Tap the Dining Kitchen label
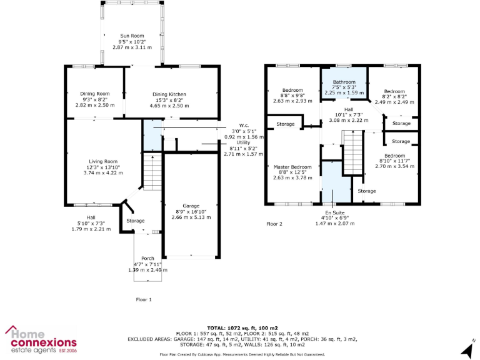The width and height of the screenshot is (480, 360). pos(169,94)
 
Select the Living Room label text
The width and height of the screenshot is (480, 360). pos(102,161)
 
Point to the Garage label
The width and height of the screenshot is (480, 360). pos(191,206)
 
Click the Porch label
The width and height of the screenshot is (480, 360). pos(147,259)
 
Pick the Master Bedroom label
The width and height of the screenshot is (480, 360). pos(292,167)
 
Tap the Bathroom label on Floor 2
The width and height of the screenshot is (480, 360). pos(344,82)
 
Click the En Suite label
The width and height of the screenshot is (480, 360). pos(329,212)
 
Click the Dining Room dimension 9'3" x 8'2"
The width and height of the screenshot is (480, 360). pos(95,100)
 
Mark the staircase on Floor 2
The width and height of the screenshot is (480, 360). pos(354,154)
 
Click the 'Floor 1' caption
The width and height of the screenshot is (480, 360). pos(144,299)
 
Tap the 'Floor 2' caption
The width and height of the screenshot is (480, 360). pos(274,223)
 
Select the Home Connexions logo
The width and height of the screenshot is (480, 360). pos(41,339)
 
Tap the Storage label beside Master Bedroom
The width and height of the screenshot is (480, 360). pos(286,124)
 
